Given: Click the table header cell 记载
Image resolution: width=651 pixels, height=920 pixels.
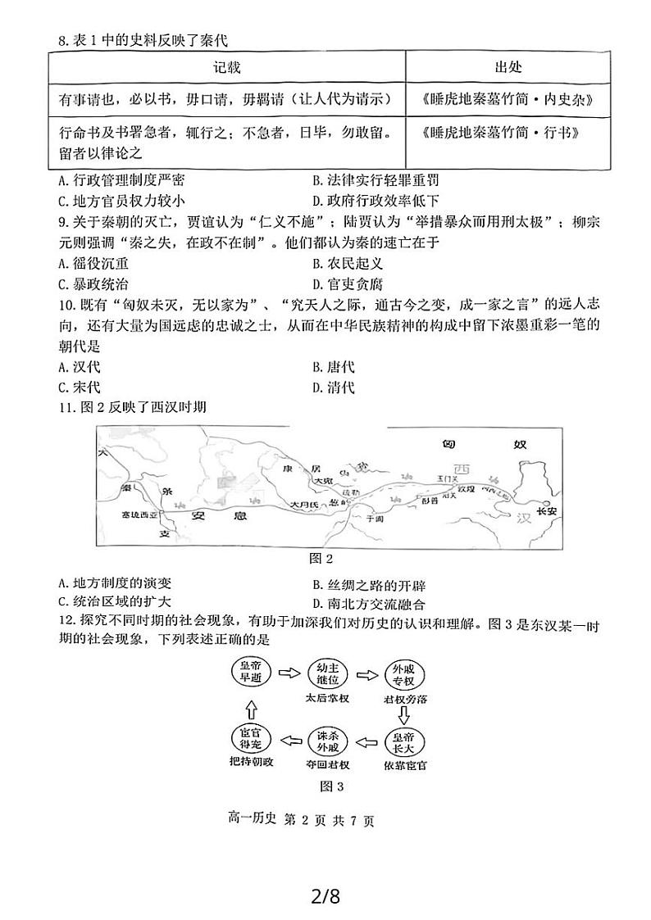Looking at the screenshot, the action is pos(227,66).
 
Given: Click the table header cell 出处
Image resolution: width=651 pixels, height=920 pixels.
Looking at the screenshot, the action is pos(508,66).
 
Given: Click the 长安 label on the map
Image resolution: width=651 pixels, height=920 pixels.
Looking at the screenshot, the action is pos(546,510).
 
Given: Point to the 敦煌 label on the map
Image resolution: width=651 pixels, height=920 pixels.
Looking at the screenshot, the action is pos(467,488).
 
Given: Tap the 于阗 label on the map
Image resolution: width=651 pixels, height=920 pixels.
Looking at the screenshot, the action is pos(375,519).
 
